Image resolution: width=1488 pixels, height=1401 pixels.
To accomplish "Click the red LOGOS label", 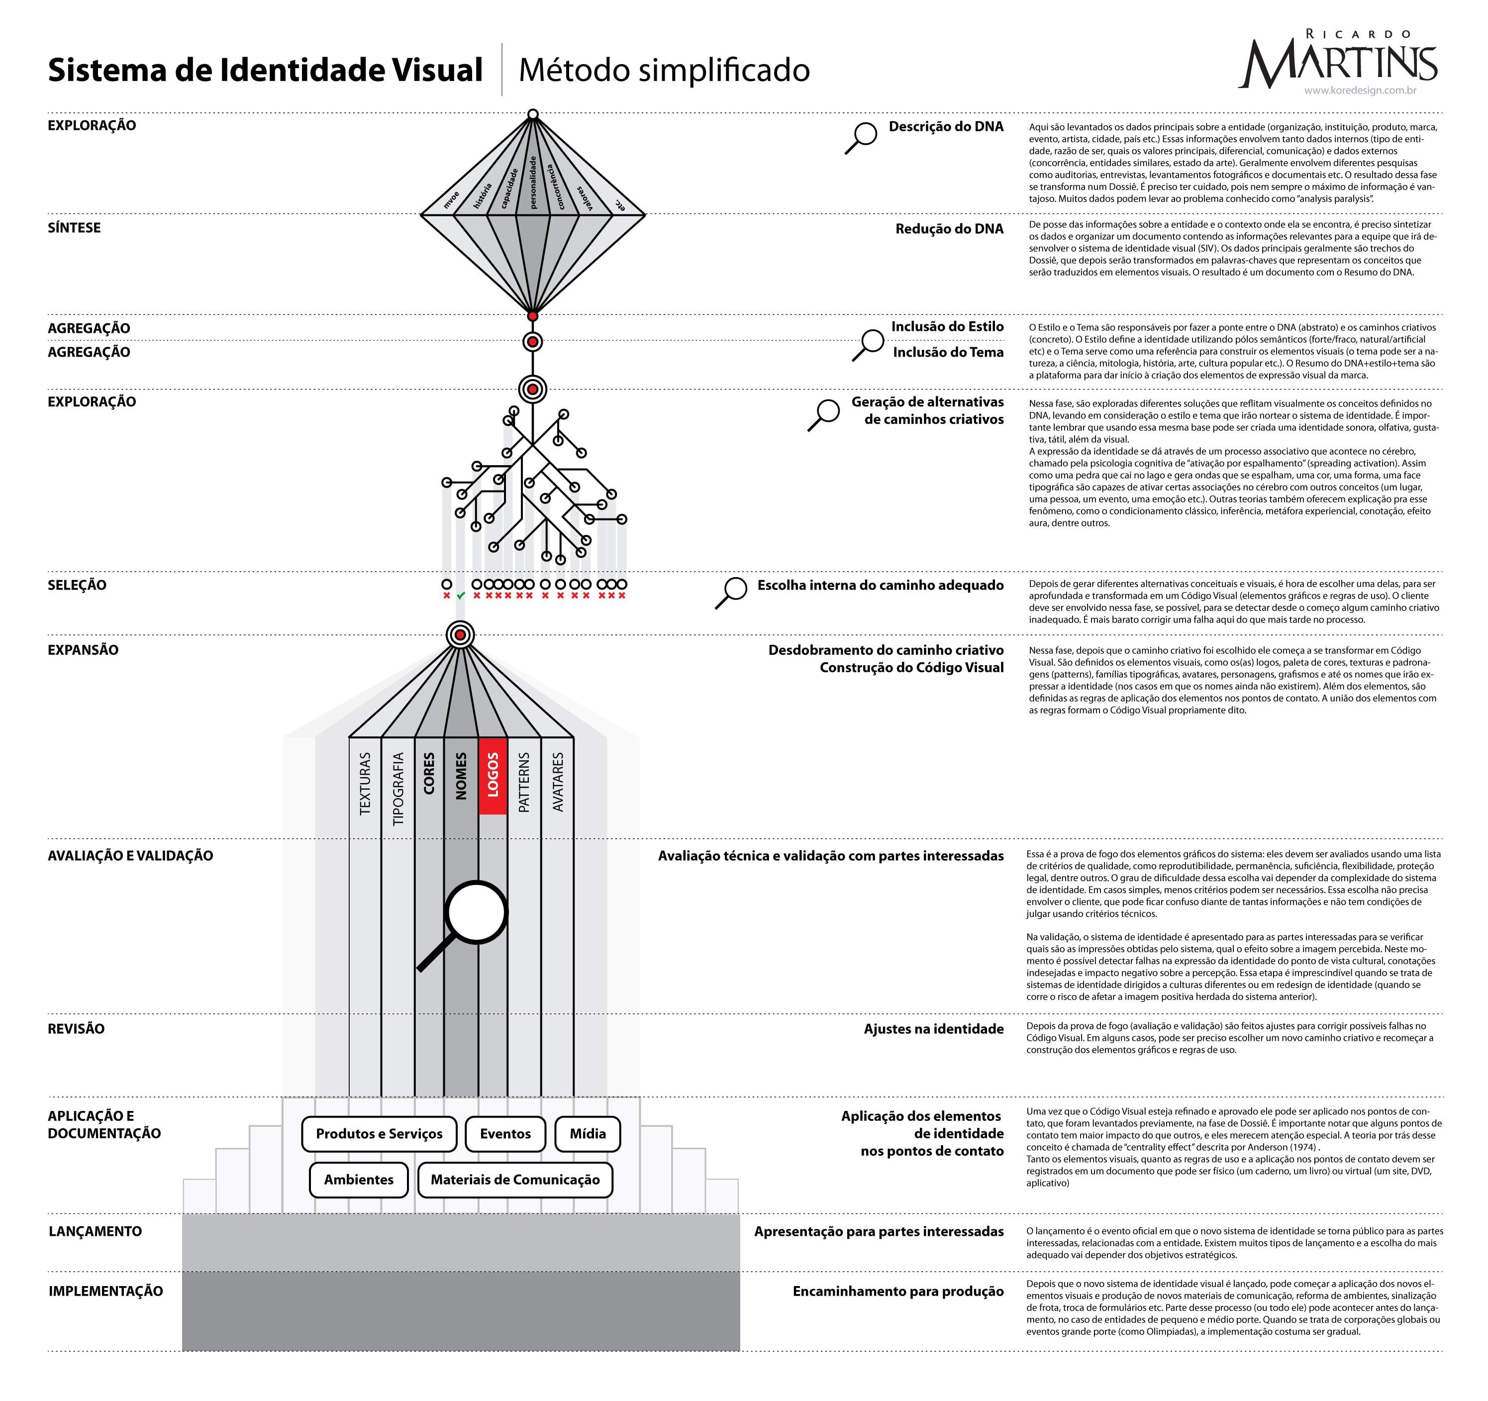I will click(493, 775).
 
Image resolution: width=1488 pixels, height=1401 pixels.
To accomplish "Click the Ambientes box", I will click(359, 1180).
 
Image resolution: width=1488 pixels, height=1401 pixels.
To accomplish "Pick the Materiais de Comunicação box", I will click(515, 1180).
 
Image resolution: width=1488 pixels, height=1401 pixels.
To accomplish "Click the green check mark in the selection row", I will click(460, 596).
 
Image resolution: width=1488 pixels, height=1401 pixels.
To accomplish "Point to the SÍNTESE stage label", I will click(74, 227).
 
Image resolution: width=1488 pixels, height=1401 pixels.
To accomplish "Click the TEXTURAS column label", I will click(365, 783).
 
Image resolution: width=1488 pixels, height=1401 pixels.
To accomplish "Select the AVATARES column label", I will click(558, 782).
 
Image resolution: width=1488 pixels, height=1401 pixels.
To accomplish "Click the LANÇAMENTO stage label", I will click(95, 1231).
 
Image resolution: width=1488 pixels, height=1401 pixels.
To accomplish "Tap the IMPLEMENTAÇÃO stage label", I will click(105, 1291).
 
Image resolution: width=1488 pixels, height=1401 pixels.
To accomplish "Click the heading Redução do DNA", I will click(949, 229).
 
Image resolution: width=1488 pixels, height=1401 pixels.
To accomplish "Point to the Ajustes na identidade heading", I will click(933, 1029).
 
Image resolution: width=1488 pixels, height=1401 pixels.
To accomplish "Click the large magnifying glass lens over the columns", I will click(476, 911).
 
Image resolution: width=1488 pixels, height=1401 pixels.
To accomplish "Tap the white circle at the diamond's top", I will click(532, 114).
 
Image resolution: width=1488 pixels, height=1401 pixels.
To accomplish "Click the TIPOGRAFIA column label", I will click(398, 788).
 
